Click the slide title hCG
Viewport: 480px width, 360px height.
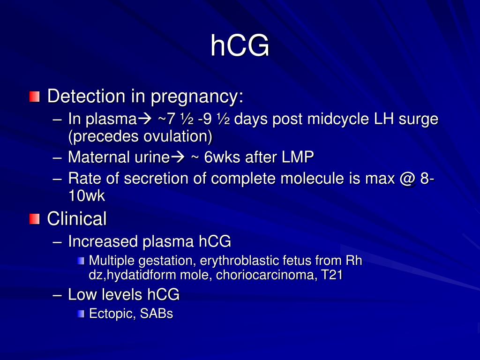(x=240, y=46)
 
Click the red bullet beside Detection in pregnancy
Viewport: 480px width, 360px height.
(x=34, y=97)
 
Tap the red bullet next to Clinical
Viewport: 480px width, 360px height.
(x=34, y=218)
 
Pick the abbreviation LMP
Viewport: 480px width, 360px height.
(x=298, y=157)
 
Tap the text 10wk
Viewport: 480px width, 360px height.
(x=87, y=196)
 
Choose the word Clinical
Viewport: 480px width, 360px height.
(x=77, y=218)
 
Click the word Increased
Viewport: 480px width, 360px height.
(x=103, y=241)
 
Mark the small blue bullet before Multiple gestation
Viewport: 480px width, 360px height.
(x=82, y=261)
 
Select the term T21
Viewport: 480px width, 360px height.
(x=332, y=275)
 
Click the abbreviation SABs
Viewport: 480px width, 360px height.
(x=156, y=314)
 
